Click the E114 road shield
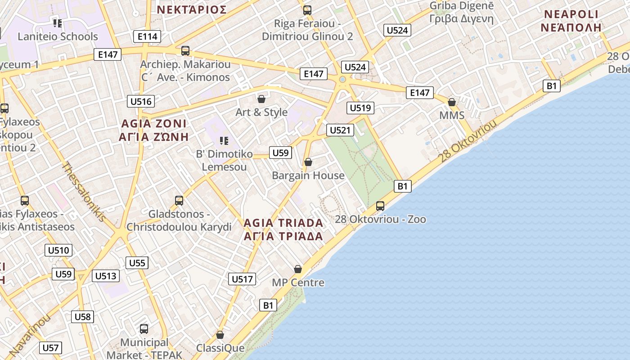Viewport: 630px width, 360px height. (148, 36)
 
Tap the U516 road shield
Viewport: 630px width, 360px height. (141, 101)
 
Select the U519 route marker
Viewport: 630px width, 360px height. (360, 108)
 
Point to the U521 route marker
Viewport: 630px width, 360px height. (340, 130)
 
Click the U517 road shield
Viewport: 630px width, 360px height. (242, 279)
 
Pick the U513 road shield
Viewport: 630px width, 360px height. (106, 276)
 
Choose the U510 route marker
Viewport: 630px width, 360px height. (58, 251)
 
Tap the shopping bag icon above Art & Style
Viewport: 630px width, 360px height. (261, 99)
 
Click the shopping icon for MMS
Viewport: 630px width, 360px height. (452, 102)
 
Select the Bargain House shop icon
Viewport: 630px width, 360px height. (308, 162)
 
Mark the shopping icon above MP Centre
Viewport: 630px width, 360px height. (298, 269)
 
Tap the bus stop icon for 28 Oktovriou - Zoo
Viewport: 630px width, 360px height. (380, 206)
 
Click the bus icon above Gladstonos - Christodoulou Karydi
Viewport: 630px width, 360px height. (179, 201)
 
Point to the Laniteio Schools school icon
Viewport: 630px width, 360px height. (57, 22)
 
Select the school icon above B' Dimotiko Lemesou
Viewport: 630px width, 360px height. (224, 141)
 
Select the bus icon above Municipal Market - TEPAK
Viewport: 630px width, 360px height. (144, 329)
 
